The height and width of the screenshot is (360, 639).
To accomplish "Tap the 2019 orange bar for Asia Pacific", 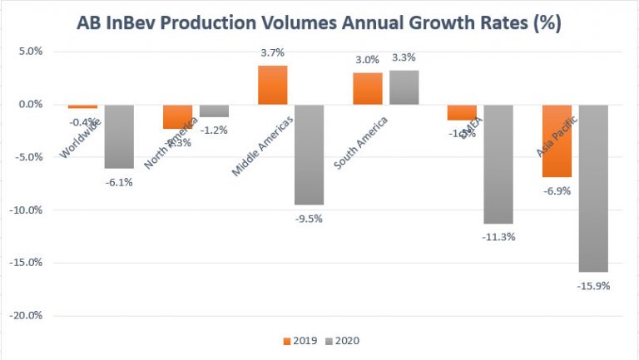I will coord(557,141).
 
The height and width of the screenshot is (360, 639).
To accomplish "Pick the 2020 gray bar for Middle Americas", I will coord(309,155).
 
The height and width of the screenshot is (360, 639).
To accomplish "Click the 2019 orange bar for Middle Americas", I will coord(273,85).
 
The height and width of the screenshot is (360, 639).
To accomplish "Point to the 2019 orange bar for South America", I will coord(368,88).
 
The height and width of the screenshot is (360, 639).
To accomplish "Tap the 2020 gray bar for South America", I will coord(404,87).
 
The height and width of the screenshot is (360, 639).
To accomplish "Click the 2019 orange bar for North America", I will coord(177,116).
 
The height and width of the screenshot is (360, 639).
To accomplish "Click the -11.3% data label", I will coord(499,236).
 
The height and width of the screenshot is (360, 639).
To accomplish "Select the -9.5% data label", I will coord(309,218).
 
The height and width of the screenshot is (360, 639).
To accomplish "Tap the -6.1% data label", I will coord(119,182).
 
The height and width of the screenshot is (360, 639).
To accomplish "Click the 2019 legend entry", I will coord(300,341).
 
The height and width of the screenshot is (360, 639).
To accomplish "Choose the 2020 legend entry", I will coord(344,341).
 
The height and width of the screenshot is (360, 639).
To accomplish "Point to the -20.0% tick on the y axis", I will coord(29,316).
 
